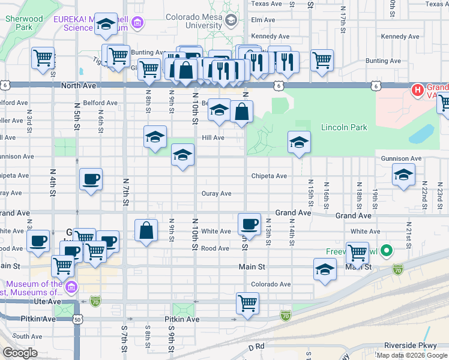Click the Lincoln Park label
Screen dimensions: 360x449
[x=343, y=127]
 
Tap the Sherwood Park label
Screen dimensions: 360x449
[x=24, y=23]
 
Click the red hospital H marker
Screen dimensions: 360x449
[x=417, y=91]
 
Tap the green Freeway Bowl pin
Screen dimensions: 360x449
[x=388, y=251]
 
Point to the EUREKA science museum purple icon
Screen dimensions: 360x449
[x=138, y=23]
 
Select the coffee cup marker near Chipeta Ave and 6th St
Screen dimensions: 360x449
[x=91, y=179]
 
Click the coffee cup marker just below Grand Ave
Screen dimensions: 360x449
[x=249, y=224]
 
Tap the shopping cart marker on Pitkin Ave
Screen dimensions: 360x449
[x=247, y=303]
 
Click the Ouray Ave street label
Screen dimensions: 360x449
[x=217, y=194]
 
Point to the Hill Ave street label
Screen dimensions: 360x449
[x=213, y=137]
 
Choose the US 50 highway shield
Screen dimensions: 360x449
[x=77, y=320]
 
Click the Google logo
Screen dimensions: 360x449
[x=20, y=353]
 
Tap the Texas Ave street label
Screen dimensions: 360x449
[x=267, y=4]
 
